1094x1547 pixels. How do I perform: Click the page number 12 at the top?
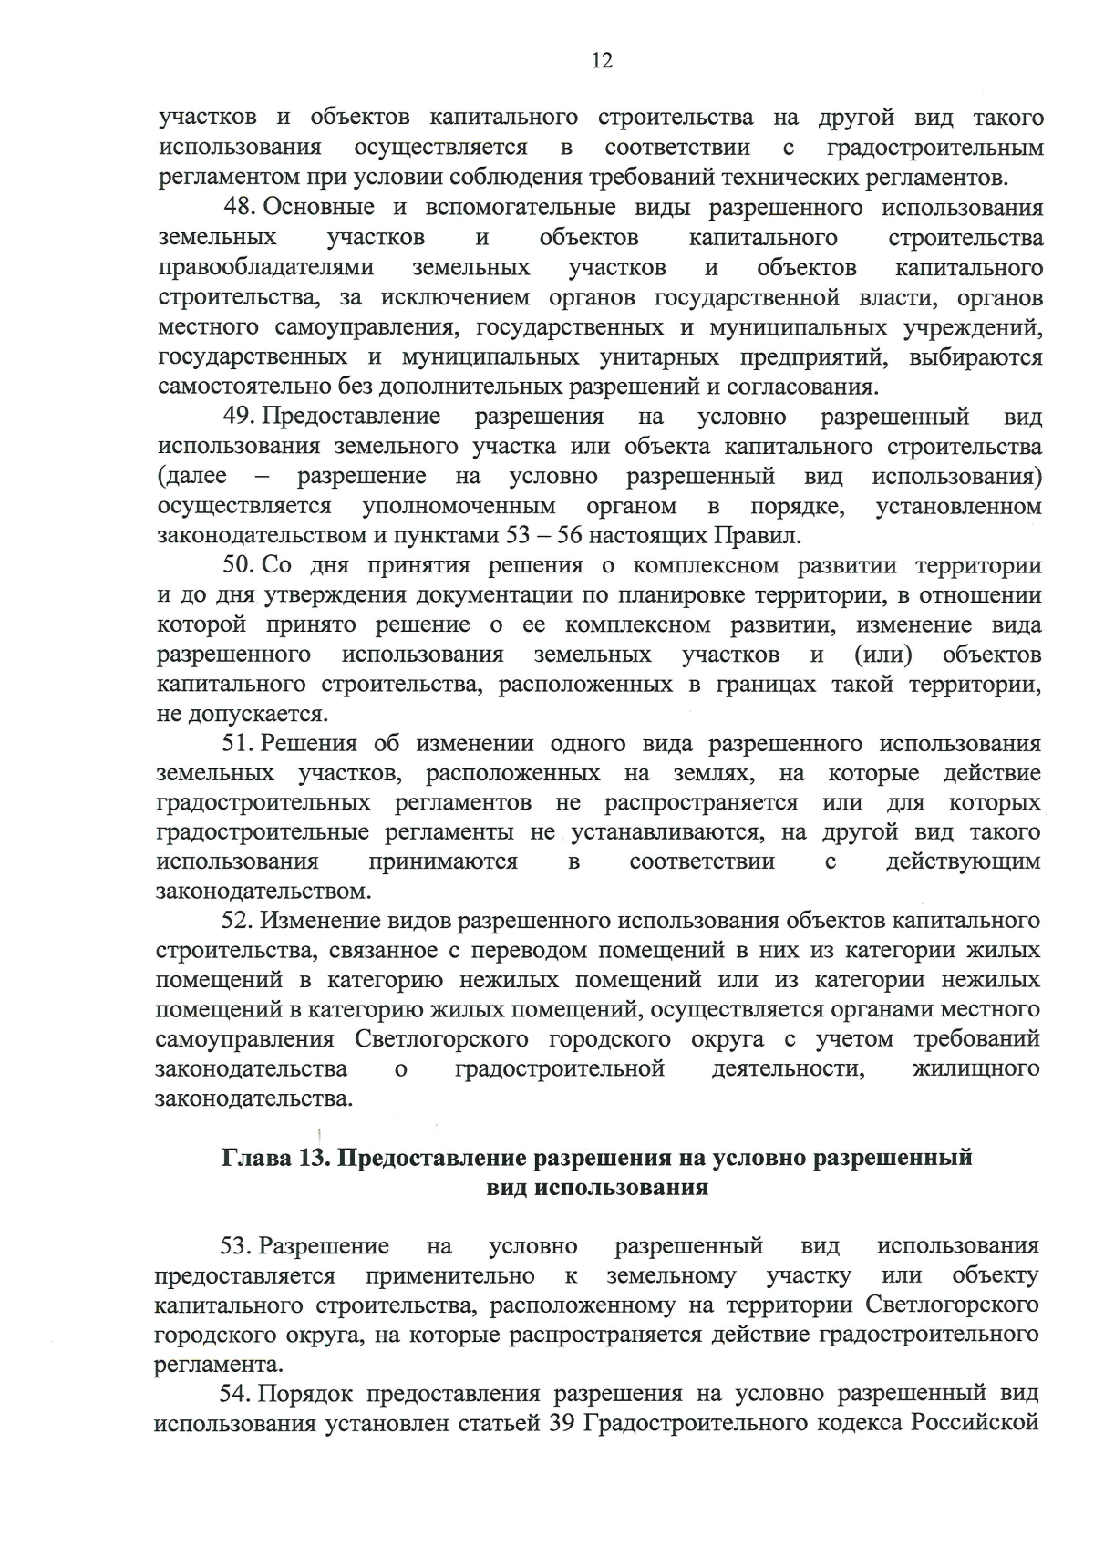tap(602, 60)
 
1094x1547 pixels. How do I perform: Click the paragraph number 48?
tap(238, 208)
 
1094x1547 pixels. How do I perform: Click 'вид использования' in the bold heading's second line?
tap(597, 1188)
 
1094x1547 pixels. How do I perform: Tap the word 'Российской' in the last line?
tap(981, 1423)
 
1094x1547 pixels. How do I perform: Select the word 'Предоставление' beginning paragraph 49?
tap(352, 417)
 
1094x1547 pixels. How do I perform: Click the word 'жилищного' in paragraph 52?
tap(975, 1068)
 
